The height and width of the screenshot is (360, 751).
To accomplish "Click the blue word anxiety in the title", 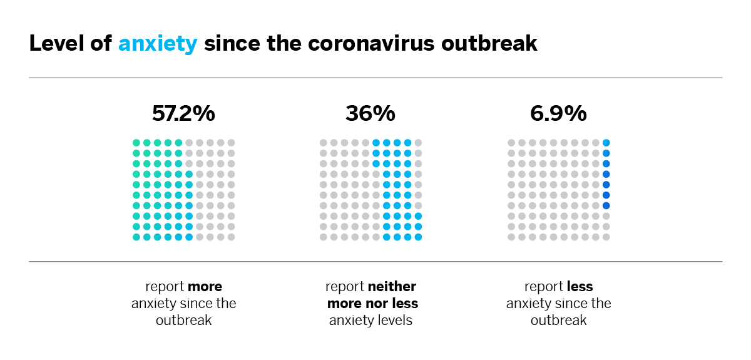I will tap(158, 44).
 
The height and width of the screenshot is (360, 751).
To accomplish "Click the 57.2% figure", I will tap(183, 113).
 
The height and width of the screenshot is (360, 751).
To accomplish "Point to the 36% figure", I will tap(370, 113).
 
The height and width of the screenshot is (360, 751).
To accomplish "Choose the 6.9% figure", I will tap(558, 113).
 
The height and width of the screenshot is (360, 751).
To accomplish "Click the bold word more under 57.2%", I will tap(205, 287).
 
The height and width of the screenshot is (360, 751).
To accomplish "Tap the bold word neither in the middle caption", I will tap(392, 287).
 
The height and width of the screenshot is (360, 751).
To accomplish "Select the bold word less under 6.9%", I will tap(580, 287).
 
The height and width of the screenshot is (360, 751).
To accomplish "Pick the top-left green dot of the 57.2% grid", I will tap(136, 143).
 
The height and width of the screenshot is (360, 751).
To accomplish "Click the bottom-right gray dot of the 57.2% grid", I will tap(231, 237).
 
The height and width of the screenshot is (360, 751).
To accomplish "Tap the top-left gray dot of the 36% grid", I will tap(324, 143).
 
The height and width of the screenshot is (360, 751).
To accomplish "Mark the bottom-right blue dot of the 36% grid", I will tap(418, 237).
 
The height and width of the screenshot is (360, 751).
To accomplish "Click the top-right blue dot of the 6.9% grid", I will tap(606, 143).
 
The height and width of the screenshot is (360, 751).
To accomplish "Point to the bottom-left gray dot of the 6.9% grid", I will tap(511, 237).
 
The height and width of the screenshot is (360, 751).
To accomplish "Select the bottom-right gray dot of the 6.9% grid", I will tap(606, 237).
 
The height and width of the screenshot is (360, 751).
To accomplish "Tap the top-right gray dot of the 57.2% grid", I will tap(231, 143).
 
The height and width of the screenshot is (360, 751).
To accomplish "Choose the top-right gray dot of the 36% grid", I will tap(418, 143).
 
